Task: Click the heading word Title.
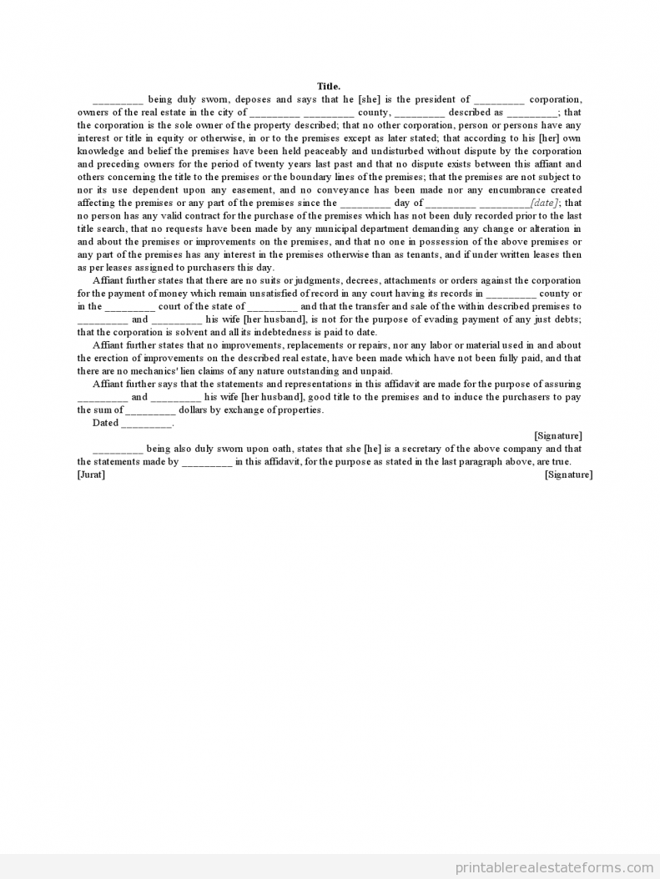329,86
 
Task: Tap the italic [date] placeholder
544,203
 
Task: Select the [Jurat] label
91,475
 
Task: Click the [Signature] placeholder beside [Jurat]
568,475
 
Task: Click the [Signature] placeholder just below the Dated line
558,435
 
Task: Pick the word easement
213,190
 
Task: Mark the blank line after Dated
147,423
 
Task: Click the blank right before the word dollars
151,409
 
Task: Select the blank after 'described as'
532,113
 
